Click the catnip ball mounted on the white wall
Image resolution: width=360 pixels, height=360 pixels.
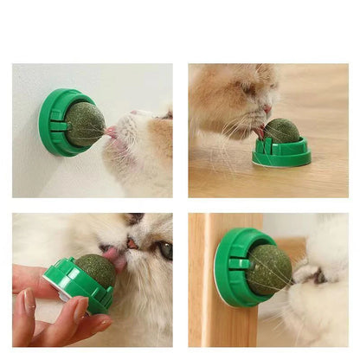pyautogui.click(x=85, y=124)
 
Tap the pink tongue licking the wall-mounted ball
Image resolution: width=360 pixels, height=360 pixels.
pyautogui.click(x=110, y=132)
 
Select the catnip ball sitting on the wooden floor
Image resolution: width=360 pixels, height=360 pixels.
pyautogui.click(x=281, y=132)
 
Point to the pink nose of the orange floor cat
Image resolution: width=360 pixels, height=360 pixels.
pyautogui.click(x=267, y=110)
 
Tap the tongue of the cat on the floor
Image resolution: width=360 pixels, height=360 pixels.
pyautogui.click(x=260, y=132)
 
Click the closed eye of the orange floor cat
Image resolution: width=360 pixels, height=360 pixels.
pyautogui.click(x=249, y=88)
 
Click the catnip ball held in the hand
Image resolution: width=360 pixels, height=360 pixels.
pyautogui.click(x=93, y=271)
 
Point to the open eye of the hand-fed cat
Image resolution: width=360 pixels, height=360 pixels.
pyautogui.click(x=164, y=251)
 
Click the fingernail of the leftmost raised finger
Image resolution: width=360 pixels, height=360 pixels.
pyautogui.click(x=27, y=301)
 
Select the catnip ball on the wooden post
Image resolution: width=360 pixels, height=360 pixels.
pyautogui.click(x=270, y=269)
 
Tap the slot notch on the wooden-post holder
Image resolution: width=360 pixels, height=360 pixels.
pyautogui.click(x=239, y=263)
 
